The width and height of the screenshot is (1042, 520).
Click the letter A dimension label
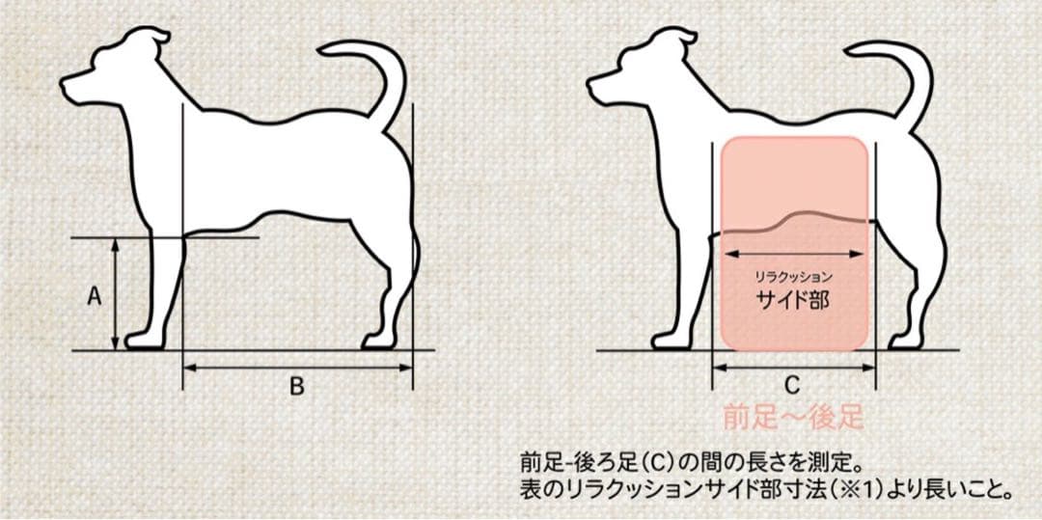[x=95, y=297]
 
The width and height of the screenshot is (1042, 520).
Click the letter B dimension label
[x=297, y=387]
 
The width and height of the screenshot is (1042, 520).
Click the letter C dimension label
[x=792, y=386]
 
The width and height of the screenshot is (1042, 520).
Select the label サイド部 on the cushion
[x=793, y=301]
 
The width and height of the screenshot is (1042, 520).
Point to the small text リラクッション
[x=793, y=276]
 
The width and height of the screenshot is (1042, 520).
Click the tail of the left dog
[x=372, y=73]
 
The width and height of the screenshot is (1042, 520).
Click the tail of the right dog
[x=900, y=73]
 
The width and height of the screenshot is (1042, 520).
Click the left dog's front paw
[x=143, y=341]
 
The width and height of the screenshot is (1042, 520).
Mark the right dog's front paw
[x=670, y=341]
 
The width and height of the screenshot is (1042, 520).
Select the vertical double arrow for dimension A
[x=115, y=293]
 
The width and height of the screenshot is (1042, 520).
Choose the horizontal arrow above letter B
[x=298, y=368]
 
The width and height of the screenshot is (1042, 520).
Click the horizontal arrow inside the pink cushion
[x=793, y=254]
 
